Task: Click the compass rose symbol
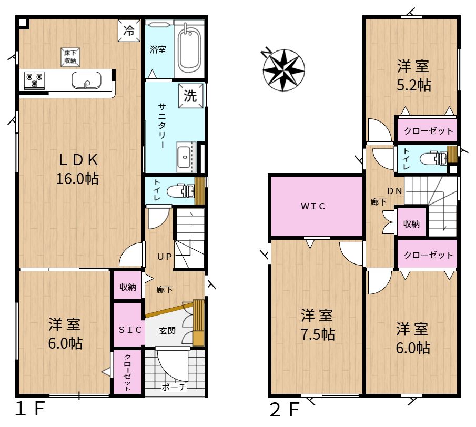point(283,70)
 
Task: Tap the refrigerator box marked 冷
point(129,30)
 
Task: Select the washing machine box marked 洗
point(190,96)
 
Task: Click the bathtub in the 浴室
point(189,50)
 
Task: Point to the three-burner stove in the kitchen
point(35,80)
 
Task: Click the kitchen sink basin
point(86,80)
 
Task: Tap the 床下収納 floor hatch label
point(70,57)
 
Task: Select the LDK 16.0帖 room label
point(78,169)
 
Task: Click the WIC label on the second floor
point(313,206)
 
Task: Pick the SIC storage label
point(130,330)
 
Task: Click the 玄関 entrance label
point(167,330)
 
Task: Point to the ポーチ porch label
point(174,387)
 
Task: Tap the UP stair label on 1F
point(165,257)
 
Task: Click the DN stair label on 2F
point(395,191)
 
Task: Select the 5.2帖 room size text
point(414,85)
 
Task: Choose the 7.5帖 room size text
point(318,334)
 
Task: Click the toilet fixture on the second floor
point(433,158)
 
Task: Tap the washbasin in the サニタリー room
point(185,157)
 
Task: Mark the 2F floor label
point(285,409)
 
